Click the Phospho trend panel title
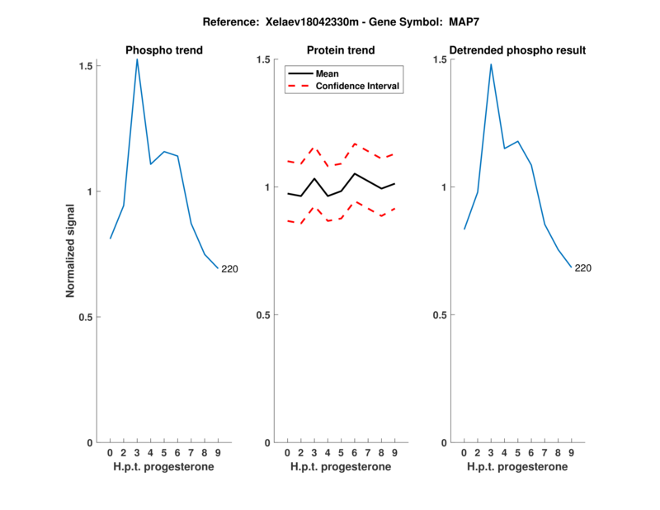tap(164, 50)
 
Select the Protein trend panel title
tap(341, 50)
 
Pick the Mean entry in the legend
tap(328, 73)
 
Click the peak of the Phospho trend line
tap(137, 59)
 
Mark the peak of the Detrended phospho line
tap(491, 64)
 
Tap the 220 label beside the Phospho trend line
tap(229, 269)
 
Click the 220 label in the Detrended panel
tap(582, 268)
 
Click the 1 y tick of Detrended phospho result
tap(444, 187)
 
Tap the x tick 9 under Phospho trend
tap(218, 452)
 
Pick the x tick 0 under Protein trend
tap(287, 452)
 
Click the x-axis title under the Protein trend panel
tap(341, 467)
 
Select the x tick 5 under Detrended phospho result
tap(517, 452)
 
